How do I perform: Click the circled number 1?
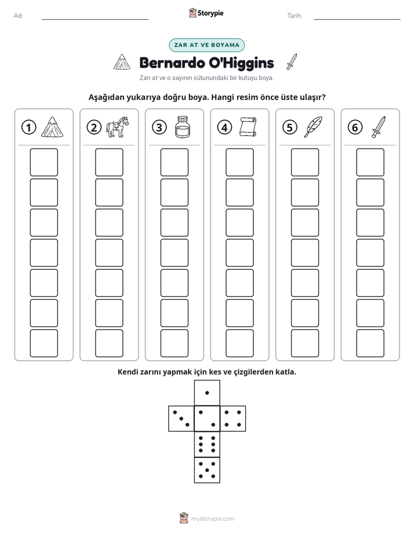pyautogui.click(x=28, y=127)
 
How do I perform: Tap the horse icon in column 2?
pyautogui.click(x=117, y=127)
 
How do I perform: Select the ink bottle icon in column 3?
pyautogui.click(x=183, y=127)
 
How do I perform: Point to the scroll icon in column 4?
pyautogui.click(x=248, y=127)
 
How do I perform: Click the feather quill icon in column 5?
pyautogui.click(x=313, y=127)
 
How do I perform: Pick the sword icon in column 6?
pyautogui.click(x=379, y=127)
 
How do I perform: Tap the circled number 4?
pyautogui.click(x=224, y=127)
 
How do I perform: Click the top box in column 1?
pyautogui.click(x=43, y=162)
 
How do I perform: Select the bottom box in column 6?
pyautogui.click(x=370, y=343)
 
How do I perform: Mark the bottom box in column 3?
pyautogui.click(x=174, y=343)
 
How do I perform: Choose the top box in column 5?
pyautogui.click(x=304, y=162)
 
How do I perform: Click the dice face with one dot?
pyautogui.click(x=207, y=393)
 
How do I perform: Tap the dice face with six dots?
pyautogui.click(x=207, y=444)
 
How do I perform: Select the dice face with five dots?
pyautogui.click(x=207, y=470)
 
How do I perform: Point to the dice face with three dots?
pyautogui.click(x=181, y=418)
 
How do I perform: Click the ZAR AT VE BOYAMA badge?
pyautogui.click(x=206, y=45)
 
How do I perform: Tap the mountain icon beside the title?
pyautogui.click(x=122, y=62)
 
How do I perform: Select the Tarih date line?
pyautogui.click(x=357, y=19)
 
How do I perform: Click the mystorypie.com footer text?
pyautogui.click(x=212, y=519)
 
